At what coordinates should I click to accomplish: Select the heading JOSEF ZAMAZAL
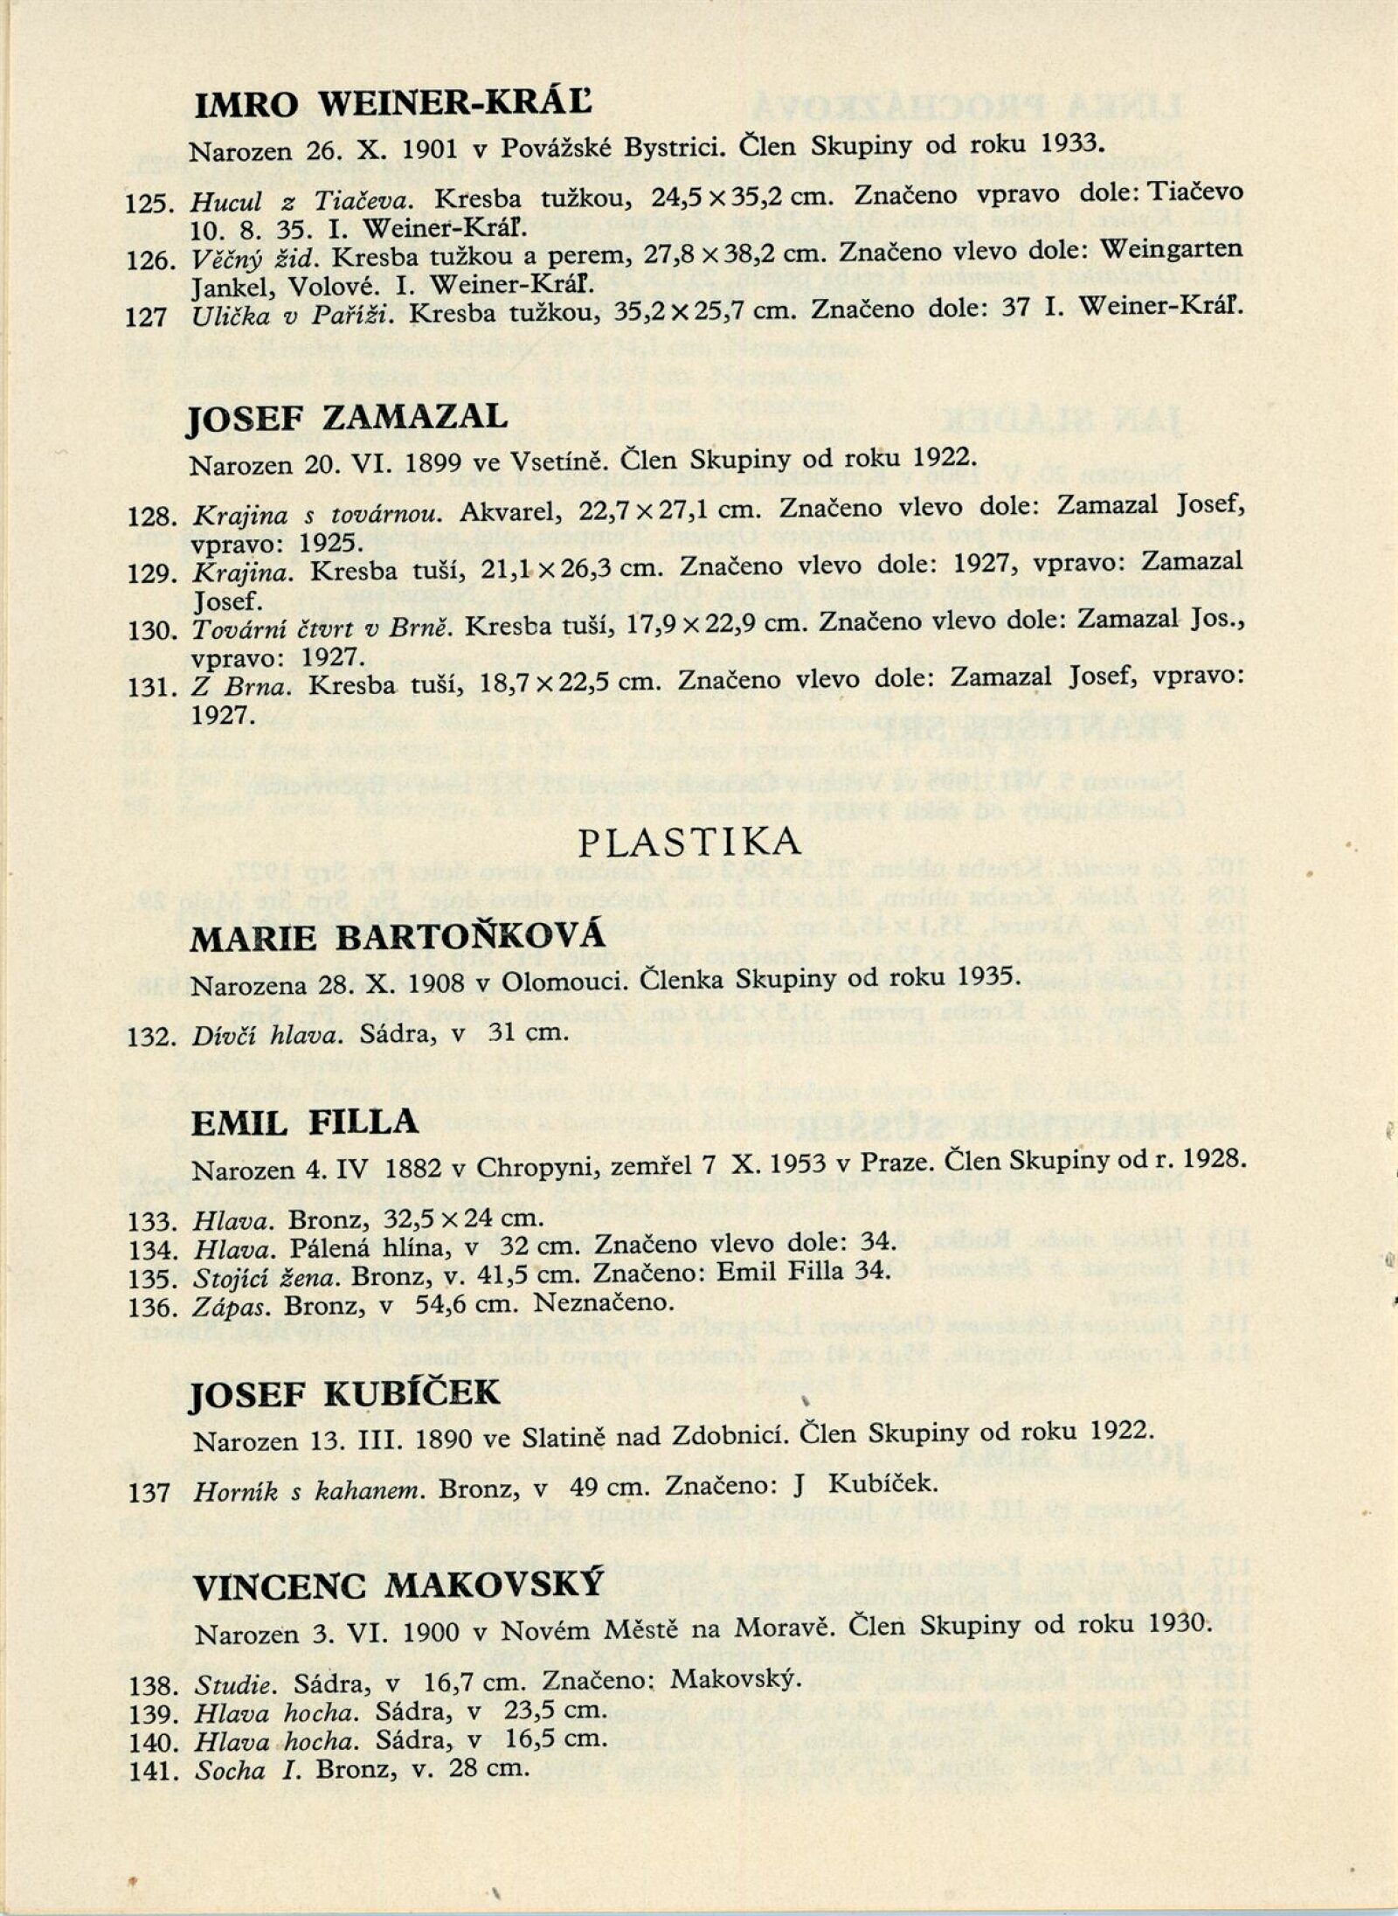[x=348, y=418]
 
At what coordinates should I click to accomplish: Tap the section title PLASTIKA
[x=690, y=841]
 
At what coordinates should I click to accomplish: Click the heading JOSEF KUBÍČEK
[x=346, y=1392]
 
